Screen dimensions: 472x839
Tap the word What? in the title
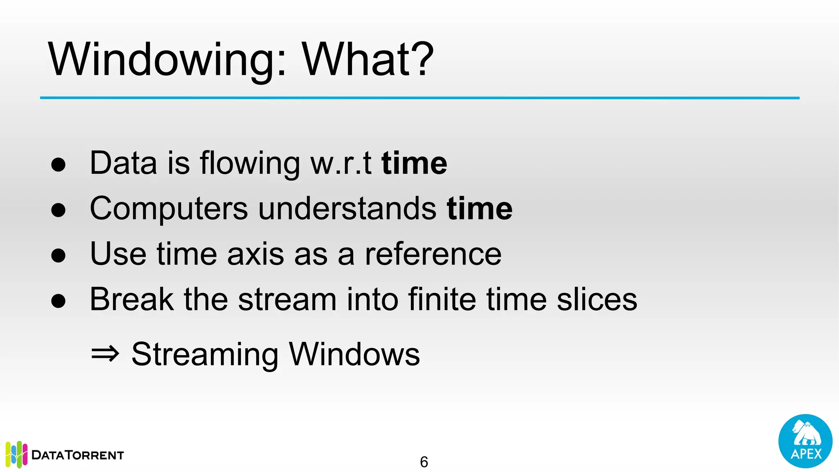[x=367, y=60]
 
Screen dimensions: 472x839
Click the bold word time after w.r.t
[x=414, y=163]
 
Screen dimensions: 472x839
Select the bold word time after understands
[x=479, y=209]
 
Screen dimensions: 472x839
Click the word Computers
[x=168, y=209]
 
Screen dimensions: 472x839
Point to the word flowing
[x=250, y=163]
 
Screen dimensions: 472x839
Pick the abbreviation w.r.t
[x=341, y=163]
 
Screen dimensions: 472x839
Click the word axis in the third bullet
[x=255, y=254]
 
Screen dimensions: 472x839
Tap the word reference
[x=433, y=254]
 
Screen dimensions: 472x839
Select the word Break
[x=132, y=300]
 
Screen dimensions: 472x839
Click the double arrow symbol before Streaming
[x=105, y=354]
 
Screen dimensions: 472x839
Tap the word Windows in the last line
[x=354, y=354]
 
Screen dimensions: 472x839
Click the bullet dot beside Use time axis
[x=59, y=255]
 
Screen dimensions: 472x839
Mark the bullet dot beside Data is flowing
[x=59, y=164]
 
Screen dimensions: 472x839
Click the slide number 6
[x=424, y=462]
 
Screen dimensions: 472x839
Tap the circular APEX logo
[x=805, y=441]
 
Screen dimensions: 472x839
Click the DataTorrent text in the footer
[x=77, y=455]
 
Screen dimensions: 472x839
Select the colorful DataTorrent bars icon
[x=16, y=454]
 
